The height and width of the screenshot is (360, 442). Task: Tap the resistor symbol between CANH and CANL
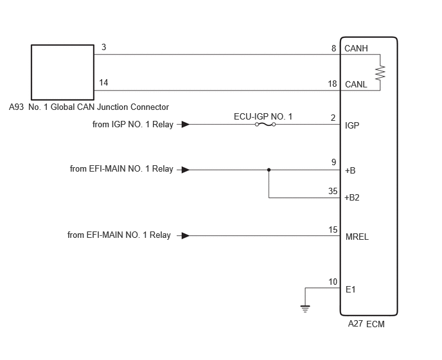(x=380, y=72)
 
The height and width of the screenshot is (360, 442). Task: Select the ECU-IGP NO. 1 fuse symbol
(x=265, y=125)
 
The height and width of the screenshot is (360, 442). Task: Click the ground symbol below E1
(x=305, y=309)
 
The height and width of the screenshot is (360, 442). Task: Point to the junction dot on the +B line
(x=269, y=170)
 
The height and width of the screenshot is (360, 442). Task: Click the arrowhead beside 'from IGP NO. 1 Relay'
(x=186, y=125)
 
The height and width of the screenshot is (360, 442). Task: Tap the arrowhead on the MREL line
(x=186, y=235)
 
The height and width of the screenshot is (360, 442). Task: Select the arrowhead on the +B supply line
(x=186, y=170)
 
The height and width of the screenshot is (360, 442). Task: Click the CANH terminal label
(x=356, y=48)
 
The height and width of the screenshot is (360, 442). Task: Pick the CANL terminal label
(x=356, y=84)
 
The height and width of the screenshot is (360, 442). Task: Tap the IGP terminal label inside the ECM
(x=352, y=125)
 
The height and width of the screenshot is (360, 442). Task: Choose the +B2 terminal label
(x=352, y=197)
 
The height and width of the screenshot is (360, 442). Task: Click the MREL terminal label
(x=357, y=237)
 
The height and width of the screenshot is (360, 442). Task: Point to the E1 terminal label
(x=350, y=289)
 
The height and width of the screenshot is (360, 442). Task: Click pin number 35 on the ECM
(x=333, y=191)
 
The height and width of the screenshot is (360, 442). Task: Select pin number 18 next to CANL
(x=332, y=84)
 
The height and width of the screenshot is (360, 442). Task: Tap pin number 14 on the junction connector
(x=103, y=82)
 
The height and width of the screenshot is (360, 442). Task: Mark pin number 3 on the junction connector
(x=103, y=47)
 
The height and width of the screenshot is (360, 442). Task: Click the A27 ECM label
(x=366, y=324)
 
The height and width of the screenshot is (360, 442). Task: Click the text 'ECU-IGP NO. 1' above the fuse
(x=263, y=116)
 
